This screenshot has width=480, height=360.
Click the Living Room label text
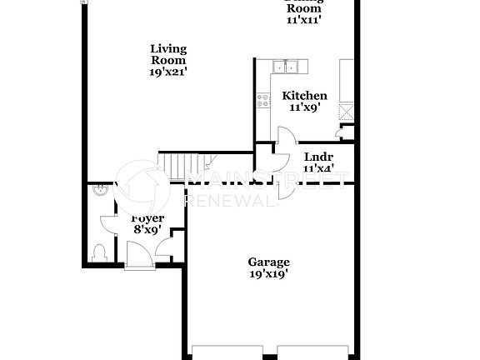pyautogui.click(x=168, y=54)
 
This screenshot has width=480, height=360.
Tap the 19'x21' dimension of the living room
pyautogui.click(x=168, y=72)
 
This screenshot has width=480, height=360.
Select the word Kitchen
pyautogui.click(x=304, y=96)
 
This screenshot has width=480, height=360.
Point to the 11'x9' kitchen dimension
pyautogui.click(x=304, y=107)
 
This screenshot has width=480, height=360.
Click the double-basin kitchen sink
pyautogui.click(x=288, y=67)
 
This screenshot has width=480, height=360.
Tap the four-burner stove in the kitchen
pyautogui.click(x=264, y=100)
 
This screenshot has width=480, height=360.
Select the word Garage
pyautogui.click(x=268, y=262)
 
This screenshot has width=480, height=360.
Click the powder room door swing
pyautogui.click(x=108, y=224)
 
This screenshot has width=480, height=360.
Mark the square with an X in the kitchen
pyautogui.click(x=346, y=111)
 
